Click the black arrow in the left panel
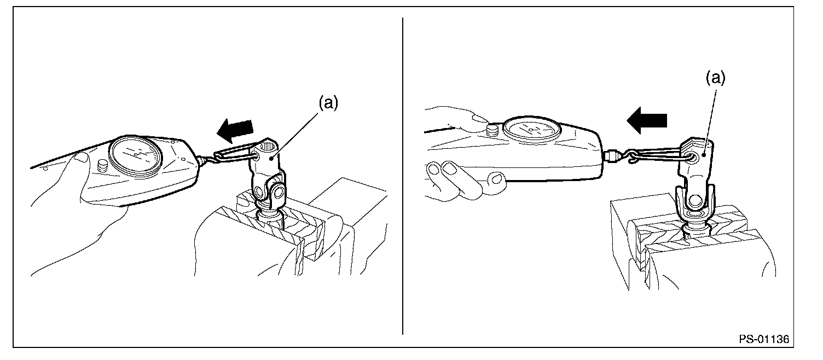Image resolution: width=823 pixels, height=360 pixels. pyautogui.click(x=235, y=130)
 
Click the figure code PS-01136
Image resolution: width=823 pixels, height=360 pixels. pyautogui.click(x=764, y=339)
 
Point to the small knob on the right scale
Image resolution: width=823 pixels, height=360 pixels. pyautogui.click(x=493, y=130)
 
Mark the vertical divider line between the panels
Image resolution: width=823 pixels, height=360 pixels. pyautogui.click(x=403, y=175)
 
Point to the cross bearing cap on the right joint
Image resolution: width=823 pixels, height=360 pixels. pyautogui.click(x=695, y=201)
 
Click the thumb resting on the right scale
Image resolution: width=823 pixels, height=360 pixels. pyautogui.click(x=464, y=116)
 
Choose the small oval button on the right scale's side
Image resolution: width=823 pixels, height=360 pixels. pyautogui.click(x=496, y=178)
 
